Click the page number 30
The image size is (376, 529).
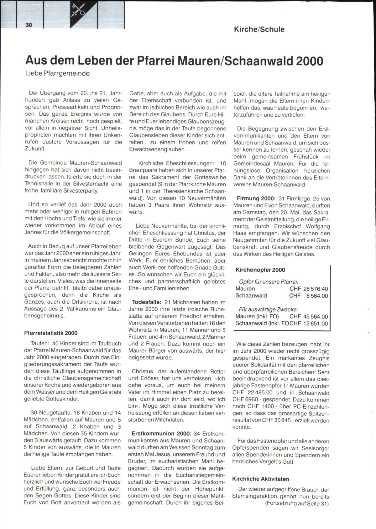click(29, 25)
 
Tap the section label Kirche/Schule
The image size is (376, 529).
click(259, 29)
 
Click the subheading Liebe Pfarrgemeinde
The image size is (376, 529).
click(57, 73)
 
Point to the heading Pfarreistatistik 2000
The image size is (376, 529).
click(51, 333)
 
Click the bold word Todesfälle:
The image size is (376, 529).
click(146, 302)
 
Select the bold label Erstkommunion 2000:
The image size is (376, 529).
click(161, 434)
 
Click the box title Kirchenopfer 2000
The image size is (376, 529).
click(260, 270)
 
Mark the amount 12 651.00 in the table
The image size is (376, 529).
click(316, 324)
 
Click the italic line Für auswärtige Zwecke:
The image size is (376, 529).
click(268, 310)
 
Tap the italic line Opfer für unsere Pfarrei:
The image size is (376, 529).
click(269, 282)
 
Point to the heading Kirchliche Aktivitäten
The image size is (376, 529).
click(260, 479)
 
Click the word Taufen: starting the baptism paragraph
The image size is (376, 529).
click(40, 344)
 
